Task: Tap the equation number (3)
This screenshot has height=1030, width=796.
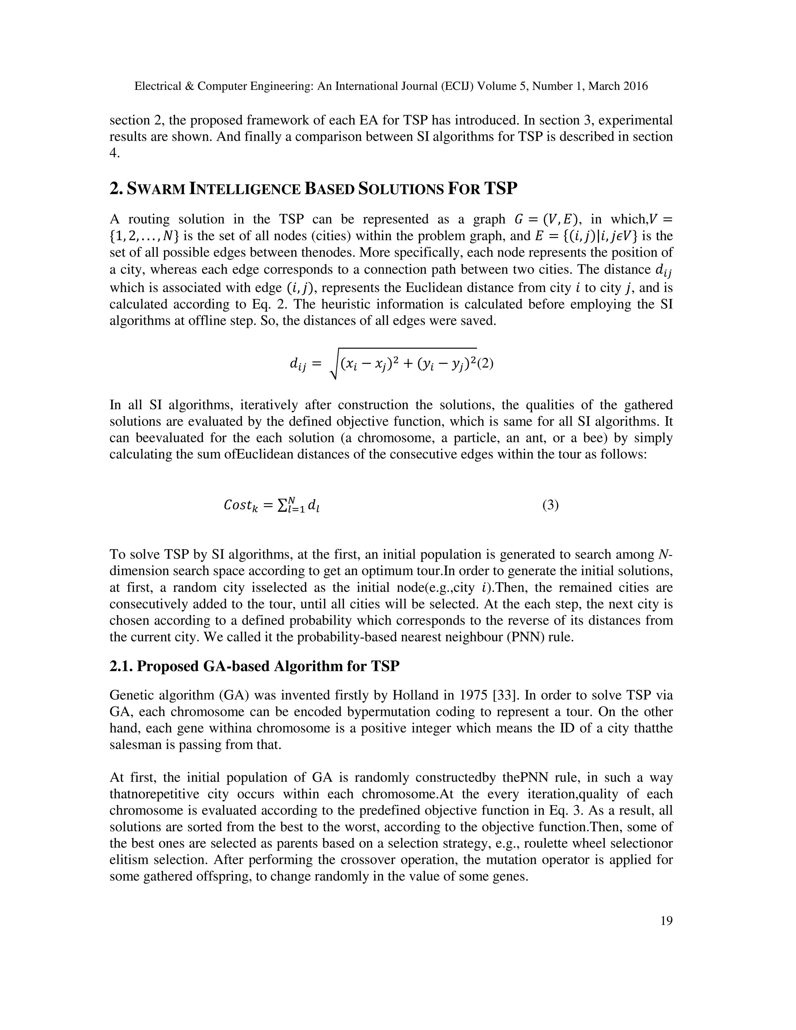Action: click(x=550, y=505)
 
